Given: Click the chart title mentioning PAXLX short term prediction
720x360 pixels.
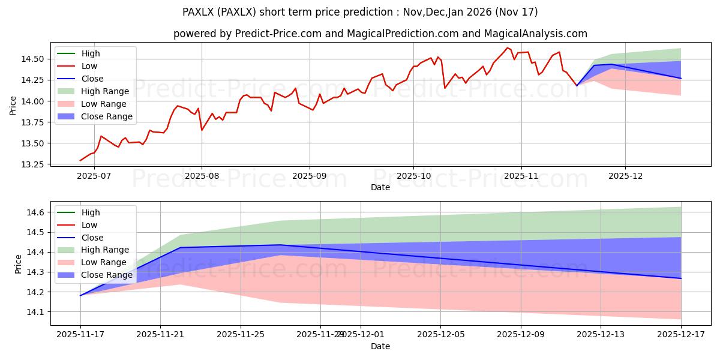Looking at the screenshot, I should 360,12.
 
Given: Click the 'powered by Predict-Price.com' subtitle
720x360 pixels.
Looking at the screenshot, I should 380,34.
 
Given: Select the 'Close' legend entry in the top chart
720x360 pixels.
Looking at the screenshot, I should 92,79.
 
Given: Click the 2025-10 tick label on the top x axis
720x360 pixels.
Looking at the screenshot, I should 413,176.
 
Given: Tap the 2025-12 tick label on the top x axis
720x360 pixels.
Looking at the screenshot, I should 625,176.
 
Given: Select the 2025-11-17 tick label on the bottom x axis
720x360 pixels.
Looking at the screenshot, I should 80,335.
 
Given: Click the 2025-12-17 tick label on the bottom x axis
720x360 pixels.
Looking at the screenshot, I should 681,335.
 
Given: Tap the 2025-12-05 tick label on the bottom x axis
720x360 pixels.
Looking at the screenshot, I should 440,335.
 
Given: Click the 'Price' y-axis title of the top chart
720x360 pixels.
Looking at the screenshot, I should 13,106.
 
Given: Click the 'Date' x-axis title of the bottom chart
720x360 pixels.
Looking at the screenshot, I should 380,346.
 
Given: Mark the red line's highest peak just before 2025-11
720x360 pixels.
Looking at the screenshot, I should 507,47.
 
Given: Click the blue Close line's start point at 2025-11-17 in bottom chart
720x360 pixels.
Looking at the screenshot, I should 80,295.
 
